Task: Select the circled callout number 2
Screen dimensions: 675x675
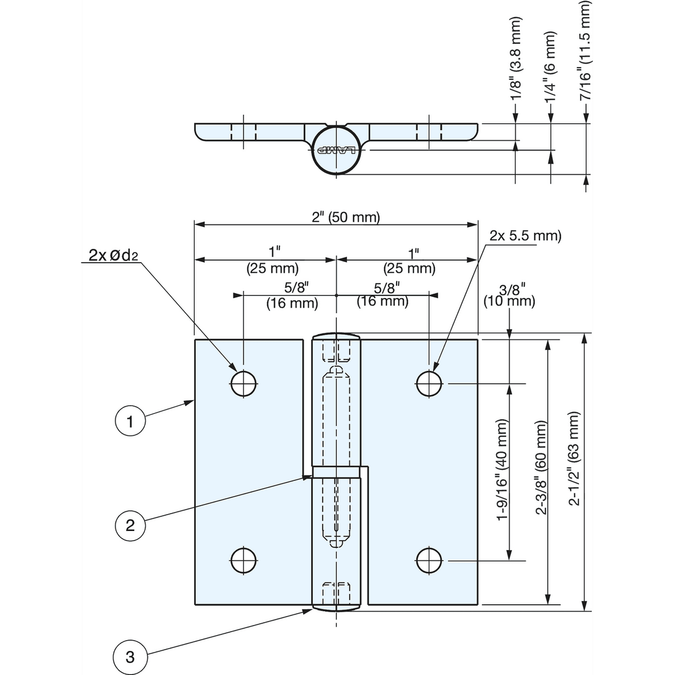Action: [x=130, y=525]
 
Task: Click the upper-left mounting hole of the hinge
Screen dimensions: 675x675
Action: [x=244, y=384]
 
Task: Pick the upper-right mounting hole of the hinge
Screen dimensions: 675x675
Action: [x=429, y=384]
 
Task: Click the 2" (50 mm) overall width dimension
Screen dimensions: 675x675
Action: [x=346, y=217]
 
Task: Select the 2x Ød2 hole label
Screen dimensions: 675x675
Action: [x=113, y=256]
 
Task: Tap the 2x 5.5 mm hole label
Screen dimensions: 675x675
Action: [x=525, y=236]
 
